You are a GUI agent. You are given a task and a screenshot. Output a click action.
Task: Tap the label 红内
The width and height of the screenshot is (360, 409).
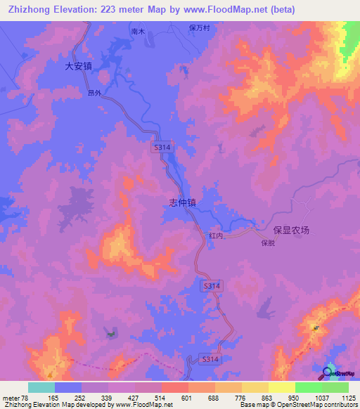[x=215, y=237]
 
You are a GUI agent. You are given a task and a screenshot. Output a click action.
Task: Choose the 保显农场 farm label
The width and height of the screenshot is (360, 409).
[x=291, y=230]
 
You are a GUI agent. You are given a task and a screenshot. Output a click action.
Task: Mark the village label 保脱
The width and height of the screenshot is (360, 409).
[x=267, y=243]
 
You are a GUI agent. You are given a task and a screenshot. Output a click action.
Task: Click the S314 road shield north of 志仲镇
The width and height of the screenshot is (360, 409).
[x=162, y=146]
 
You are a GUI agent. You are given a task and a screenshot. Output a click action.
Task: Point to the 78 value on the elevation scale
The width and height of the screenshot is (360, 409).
[x=25, y=398]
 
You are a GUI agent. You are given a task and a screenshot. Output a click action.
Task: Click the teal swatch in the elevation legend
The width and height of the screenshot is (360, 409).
[x=41, y=387]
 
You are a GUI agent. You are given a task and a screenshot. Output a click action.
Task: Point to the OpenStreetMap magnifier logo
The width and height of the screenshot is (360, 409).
[x=328, y=372]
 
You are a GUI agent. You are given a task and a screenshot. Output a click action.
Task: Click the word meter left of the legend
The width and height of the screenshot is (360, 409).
[x=11, y=398]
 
